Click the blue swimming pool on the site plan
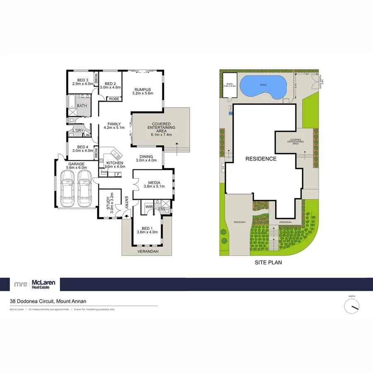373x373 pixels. pyautogui.click(x=263, y=86)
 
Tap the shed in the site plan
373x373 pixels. pyautogui.click(x=229, y=85)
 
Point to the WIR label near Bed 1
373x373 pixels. pyautogui.click(x=148, y=206)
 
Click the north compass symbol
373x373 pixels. pyautogui.click(x=352, y=306)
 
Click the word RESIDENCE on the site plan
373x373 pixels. pyautogui.click(x=261, y=159)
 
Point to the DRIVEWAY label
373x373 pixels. pyautogui.click(x=240, y=222)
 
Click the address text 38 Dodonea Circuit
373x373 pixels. pyautogui.click(x=48, y=301)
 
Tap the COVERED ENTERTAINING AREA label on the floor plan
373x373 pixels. pyautogui.click(x=162, y=129)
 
